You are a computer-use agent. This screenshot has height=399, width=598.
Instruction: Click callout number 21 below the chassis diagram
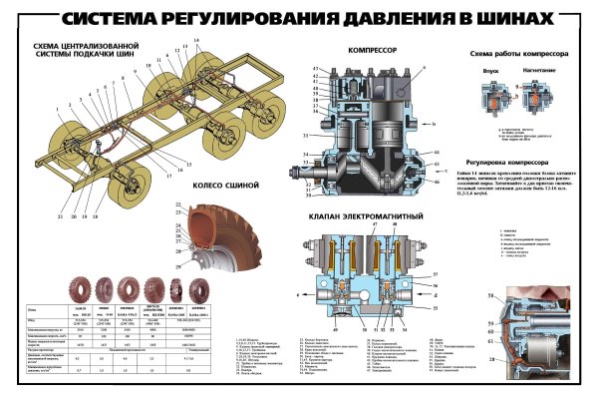62,215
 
